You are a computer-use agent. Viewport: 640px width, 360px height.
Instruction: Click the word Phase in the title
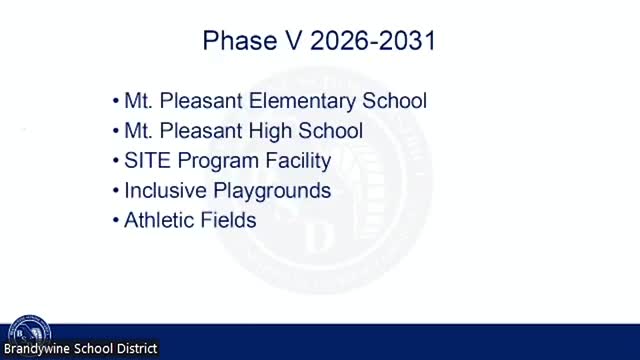pos(230,41)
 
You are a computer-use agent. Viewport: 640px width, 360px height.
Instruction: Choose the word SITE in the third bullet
pos(145,160)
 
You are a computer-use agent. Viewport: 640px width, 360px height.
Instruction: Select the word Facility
pos(294,160)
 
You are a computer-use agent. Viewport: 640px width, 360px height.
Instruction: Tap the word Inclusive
pos(160,190)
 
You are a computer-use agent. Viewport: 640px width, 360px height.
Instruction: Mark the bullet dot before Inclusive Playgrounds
pos(116,191)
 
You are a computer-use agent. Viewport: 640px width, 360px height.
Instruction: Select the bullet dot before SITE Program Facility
pos(116,161)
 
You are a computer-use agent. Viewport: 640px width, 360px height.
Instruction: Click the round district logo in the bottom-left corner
pos(27,331)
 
